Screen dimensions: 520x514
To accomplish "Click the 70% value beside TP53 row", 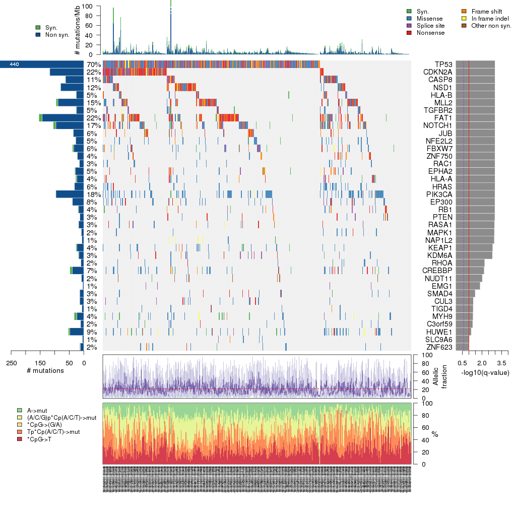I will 94,64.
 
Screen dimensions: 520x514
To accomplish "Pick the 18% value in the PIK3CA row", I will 94,194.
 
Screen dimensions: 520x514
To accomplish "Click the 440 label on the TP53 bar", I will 14,64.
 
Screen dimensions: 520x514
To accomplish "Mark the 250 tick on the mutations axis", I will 12,362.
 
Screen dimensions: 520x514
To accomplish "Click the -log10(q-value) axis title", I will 485,373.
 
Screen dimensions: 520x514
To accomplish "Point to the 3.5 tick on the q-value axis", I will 501,362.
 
